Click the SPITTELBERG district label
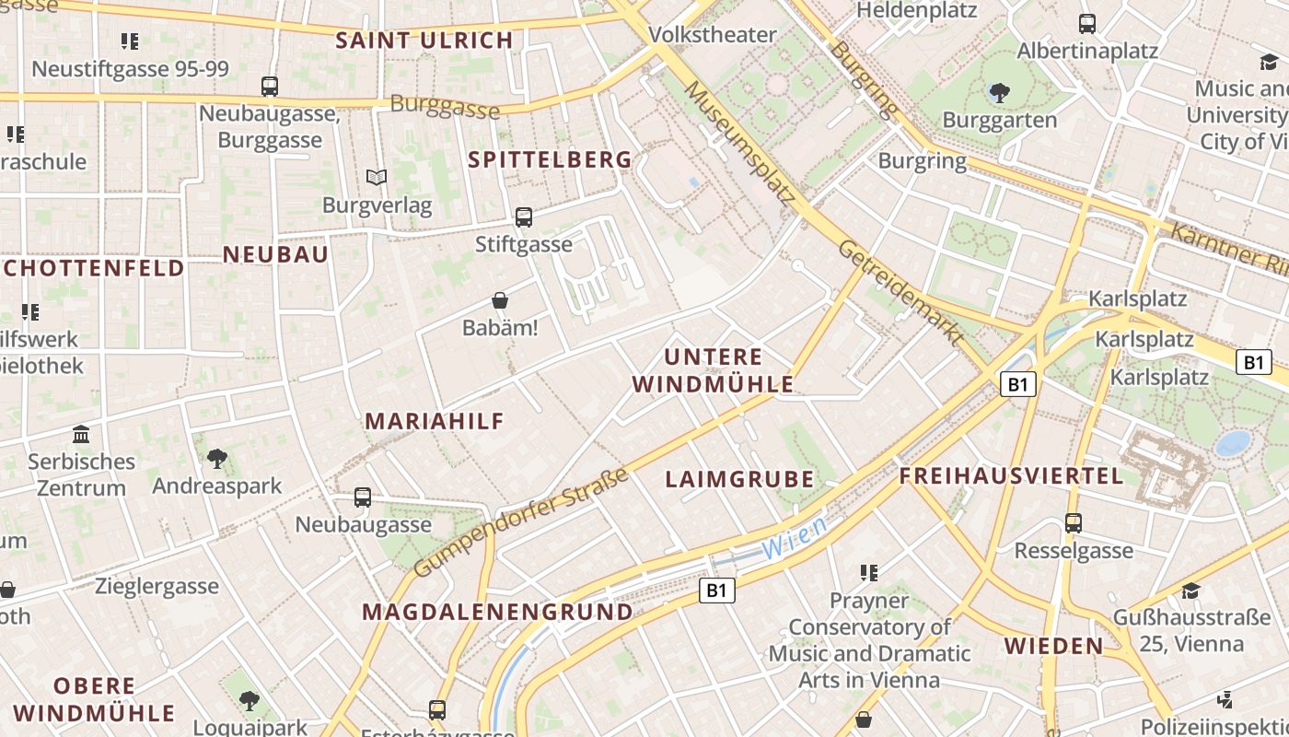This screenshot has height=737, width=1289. click(550, 159)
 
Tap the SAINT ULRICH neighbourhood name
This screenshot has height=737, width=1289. click(424, 41)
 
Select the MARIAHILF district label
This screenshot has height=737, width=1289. click(435, 421)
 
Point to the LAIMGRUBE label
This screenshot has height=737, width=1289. click(739, 479)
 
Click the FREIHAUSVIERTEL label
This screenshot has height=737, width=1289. click(1011, 476)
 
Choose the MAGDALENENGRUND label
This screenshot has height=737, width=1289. click(497, 612)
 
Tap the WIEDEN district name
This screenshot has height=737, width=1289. click(1053, 646)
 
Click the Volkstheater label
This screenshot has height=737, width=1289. click(713, 35)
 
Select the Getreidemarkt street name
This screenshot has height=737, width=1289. click(900, 290)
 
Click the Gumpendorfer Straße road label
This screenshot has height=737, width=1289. click(521, 522)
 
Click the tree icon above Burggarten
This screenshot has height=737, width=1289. click(999, 92)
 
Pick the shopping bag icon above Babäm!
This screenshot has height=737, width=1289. click(500, 300)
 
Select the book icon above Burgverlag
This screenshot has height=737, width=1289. click(376, 177)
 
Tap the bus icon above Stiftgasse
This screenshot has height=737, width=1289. click(523, 217)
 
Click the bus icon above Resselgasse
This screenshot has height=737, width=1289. click(1073, 523)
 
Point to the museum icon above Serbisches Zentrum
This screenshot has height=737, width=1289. click(81, 434)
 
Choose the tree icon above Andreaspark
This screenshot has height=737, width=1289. click(216, 458)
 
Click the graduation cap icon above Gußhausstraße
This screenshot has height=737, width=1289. click(1190, 591)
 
